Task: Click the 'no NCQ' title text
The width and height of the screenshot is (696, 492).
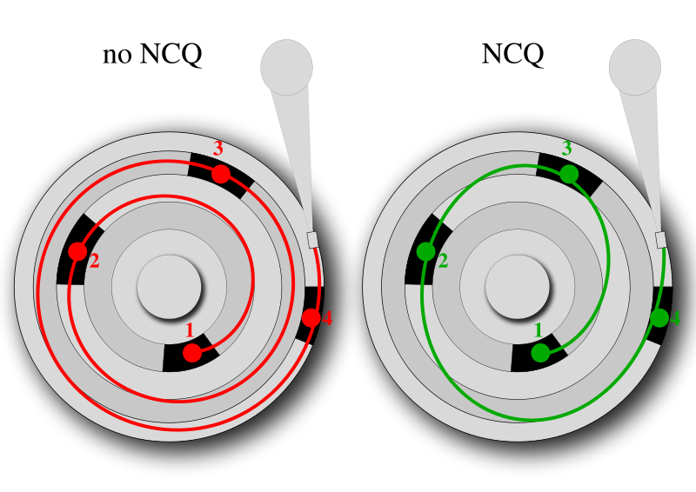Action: [x=152, y=55]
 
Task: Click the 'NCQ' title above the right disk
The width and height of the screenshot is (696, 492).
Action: [x=512, y=55]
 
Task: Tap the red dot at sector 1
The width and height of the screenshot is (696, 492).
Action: [x=192, y=353]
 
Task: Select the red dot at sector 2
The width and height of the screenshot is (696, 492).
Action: [x=78, y=251]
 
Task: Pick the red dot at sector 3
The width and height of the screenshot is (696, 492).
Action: [x=221, y=175]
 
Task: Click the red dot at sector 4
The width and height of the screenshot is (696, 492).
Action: [x=311, y=317]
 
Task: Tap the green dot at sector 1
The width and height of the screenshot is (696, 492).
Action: [x=540, y=353]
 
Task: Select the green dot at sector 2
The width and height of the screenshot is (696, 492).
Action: [x=426, y=251]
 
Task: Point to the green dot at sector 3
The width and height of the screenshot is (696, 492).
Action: [x=569, y=175]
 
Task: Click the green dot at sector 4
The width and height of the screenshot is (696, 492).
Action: [x=659, y=317]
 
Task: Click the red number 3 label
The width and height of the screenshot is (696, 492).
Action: [x=218, y=148]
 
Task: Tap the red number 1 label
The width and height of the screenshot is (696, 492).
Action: [x=190, y=330]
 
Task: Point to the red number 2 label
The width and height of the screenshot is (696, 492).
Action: [x=94, y=261]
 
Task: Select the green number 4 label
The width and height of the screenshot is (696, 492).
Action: [x=675, y=317]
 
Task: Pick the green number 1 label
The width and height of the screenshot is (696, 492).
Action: [x=538, y=330]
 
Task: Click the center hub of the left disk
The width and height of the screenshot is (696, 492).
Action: [x=169, y=287]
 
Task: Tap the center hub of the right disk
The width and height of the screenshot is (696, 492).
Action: [x=518, y=287]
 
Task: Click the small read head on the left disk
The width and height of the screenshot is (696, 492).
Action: [x=312, y=240]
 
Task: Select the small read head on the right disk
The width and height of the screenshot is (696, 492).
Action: [x=661, y=240]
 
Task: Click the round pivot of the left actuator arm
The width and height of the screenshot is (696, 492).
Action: [x=287, y=67]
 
